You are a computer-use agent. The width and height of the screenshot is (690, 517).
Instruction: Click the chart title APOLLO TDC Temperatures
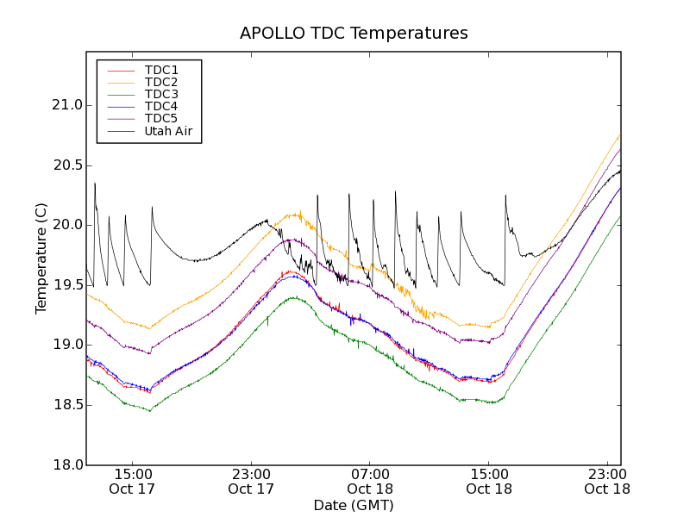(x=354, y=34)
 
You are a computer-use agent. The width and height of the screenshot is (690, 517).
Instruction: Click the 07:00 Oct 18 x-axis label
(x=370, y=481)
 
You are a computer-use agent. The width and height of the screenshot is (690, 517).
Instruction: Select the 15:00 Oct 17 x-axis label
(x=132, y=481)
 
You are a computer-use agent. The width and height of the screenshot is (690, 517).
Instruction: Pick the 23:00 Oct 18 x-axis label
(x=608, y=481)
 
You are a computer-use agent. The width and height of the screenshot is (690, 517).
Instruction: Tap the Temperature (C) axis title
(x=41, y=258)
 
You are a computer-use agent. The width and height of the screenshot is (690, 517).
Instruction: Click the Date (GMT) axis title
(x=354, y=505)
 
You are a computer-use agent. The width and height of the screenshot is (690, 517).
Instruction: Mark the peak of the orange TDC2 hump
(x=296, y=213)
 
